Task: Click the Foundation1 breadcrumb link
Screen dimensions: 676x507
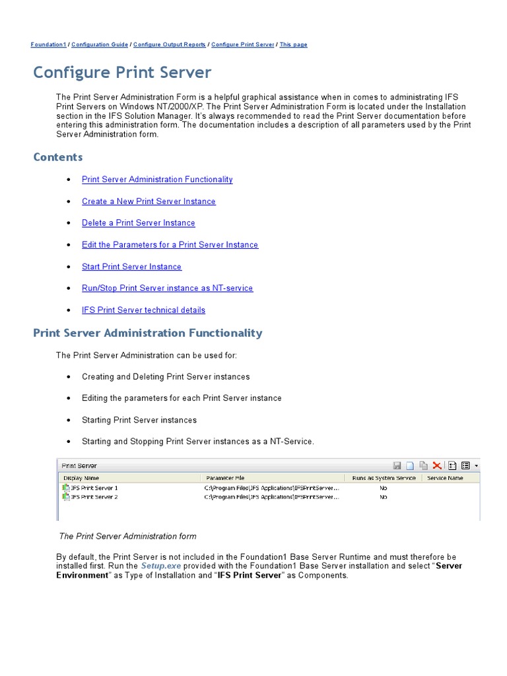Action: click(48, 45)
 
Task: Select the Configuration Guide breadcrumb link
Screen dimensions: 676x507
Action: click(100, 45)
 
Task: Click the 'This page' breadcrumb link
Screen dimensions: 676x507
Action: click(293, 45)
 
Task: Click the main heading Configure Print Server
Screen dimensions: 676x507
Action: click(122, 72)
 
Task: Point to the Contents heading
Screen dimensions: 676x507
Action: click(58, 157)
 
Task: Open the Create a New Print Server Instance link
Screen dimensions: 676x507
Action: click(149, 201)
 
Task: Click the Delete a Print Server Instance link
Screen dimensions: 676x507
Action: click(139, 223)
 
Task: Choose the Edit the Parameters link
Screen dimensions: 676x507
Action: click(170, 245)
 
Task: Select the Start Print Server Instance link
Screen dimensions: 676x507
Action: click(131, 267)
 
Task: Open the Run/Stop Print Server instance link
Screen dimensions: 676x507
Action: click(167, 288)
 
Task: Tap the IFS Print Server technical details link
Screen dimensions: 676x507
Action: click(143, 310)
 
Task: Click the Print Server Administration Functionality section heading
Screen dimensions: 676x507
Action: click(147, 333)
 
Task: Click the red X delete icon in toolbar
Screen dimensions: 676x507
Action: click(436, 465)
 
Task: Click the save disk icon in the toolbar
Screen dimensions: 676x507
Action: click(397, 465)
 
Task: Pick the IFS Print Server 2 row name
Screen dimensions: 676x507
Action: click(94, 497)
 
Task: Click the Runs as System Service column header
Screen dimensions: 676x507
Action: click(383, 477)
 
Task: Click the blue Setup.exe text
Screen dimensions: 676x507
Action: click(160, 566)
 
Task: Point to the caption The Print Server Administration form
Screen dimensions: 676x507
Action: click(128, 536)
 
